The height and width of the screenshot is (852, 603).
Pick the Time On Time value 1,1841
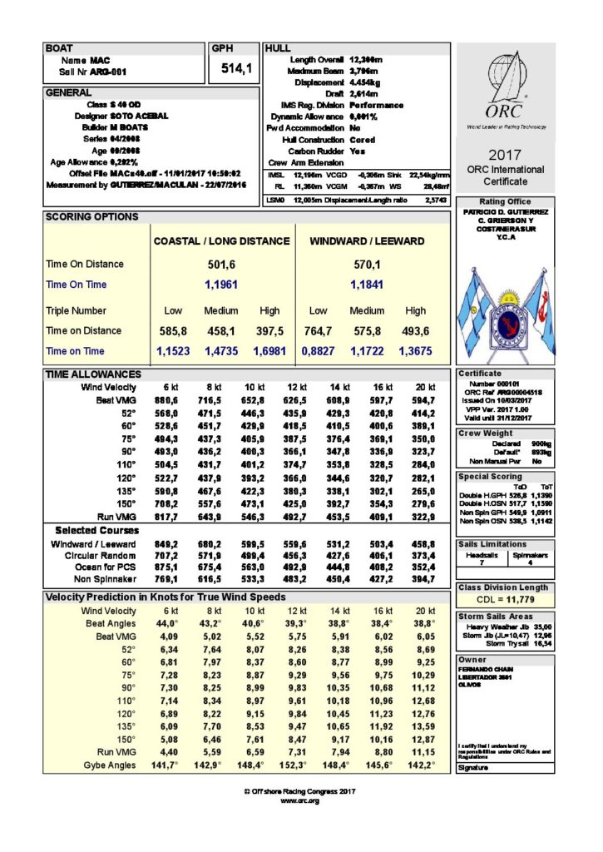pyautogui.click(x=366, y=285)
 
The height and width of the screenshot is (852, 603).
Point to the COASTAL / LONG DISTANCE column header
pyautogui.click(x=222, y=241)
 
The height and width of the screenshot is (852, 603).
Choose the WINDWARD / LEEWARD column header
pyautogui.click(x=367, y=241)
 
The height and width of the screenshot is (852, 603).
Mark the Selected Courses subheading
pyautogui.click(x=98, y=530)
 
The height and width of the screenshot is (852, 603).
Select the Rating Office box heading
pyautogui.click(x=505, y=202)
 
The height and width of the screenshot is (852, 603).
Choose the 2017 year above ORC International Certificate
pyautogui.click(x=505, y=155)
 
